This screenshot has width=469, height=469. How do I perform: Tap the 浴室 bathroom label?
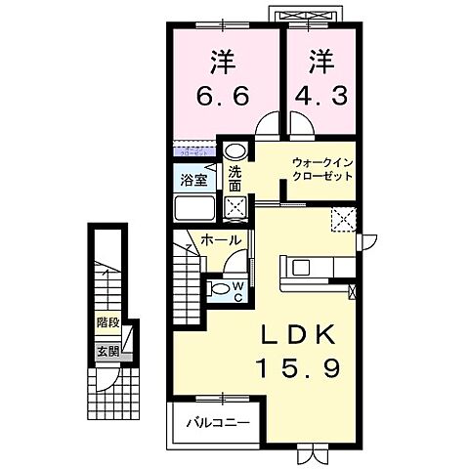pos(192,180)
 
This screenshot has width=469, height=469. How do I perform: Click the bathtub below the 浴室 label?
pos(195,209)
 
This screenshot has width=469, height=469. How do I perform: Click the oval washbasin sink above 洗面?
pos(234,151)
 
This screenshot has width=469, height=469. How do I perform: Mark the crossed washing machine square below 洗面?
pos(234,206)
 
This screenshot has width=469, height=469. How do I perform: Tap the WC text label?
pos(236,289)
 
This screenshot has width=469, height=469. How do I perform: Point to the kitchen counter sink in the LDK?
pos(298,265)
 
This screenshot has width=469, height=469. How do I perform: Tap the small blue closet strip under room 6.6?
pos(193,150)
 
